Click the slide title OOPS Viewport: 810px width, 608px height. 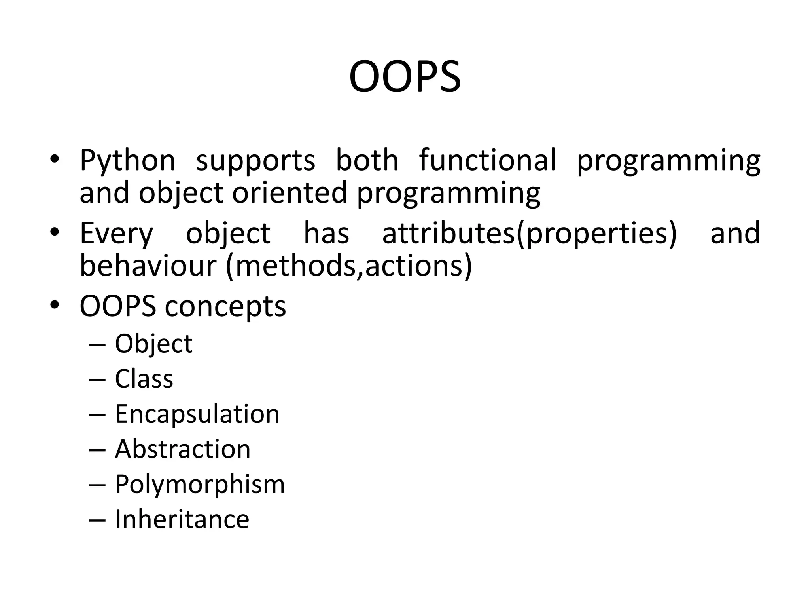(x=405, y=76)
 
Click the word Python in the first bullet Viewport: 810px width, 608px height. (x=127, y=160)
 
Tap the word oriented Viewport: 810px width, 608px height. (x=290, y=193)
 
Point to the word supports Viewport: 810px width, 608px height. (x=255, y=161)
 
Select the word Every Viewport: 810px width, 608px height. (x=116, y=234)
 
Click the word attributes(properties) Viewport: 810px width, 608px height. (x=529, y=234)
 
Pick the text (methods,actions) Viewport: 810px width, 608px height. (x=349, y=266)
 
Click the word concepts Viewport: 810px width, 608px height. (x=225, y=307)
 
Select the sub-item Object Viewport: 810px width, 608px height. (x=153, y=344)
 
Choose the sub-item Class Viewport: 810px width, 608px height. (x=144, y=378)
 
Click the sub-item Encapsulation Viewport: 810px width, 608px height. (x=197, y=414)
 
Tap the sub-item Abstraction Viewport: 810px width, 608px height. (x=183, y=449)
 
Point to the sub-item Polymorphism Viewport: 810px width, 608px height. (x=200, y=484)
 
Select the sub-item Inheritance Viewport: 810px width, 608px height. (x=182, y=519)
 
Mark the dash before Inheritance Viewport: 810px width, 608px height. (x=97, y=520)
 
